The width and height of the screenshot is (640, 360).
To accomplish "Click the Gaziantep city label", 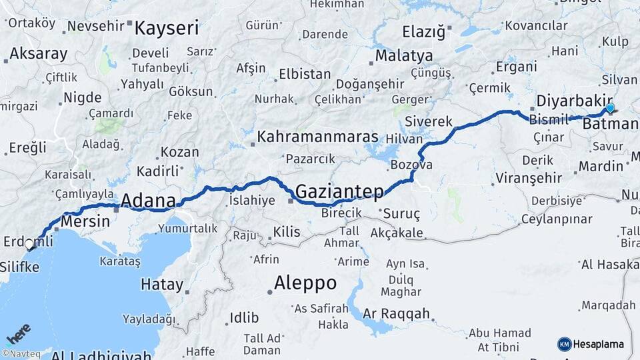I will (x=339, y=191).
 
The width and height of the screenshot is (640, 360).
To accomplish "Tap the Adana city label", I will (x=148, y=200).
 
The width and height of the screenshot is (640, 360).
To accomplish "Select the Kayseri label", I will (x=167, y=28).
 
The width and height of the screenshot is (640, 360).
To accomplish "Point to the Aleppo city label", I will (x=305, y=282).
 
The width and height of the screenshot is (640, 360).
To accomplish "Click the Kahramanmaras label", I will (x=317, y=137).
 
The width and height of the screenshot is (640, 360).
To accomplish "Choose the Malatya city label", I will (x=403, y=55).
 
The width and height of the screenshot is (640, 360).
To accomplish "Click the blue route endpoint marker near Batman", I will (x=610, y=108).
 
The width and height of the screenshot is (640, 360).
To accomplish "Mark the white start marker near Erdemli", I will (x=29, y=245).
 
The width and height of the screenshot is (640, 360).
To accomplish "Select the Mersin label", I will (x=83, y=220).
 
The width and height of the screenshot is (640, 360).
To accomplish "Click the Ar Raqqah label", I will (x=397, y=314).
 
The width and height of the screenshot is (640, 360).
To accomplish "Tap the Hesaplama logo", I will (x=591, y=344).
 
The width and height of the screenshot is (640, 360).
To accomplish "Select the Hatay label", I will (x=161, y=285).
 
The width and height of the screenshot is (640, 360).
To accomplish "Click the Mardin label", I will (x=601, y=166).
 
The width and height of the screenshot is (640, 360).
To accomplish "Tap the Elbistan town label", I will (x=305, y=74).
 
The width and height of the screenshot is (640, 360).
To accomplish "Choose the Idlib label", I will (x=244, y=317).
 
